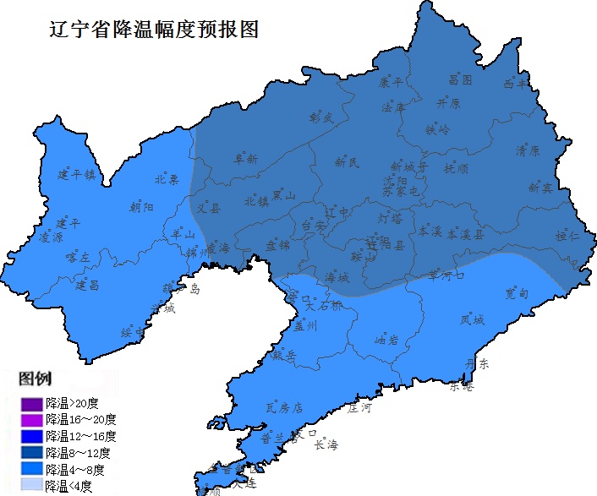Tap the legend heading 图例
[x=36, y=378]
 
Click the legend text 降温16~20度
[x=81, y=419]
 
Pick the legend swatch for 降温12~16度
[x=32, y=436]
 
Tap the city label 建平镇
[x=77, y=175]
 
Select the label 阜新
[x=246, y=158]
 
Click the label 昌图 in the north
[x=460, y=80]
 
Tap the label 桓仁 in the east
[x=567, y=236]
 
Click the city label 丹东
[x=478, y=364]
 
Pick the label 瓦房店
[x=284, y=407]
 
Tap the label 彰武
[x=322, y=117]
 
